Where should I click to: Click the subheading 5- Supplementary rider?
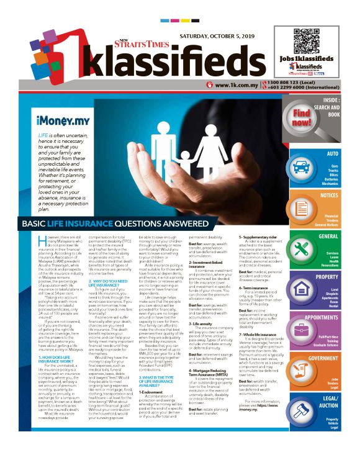[x=264, y=238]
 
